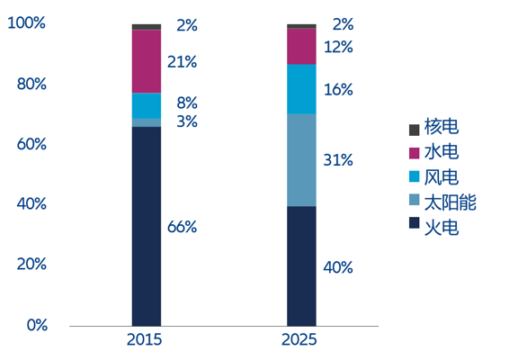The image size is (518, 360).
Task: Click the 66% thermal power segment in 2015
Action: coord(147,227)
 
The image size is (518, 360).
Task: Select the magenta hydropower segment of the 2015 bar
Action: coord(147,61)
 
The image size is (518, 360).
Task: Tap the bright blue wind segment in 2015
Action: coord(147,106)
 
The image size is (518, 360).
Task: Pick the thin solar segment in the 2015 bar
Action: coord(147,122)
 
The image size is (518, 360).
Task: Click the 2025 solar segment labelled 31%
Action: coord(301,160)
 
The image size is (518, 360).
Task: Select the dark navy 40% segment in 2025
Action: coord(301,266)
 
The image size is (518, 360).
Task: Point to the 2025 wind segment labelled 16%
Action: coord(301,89)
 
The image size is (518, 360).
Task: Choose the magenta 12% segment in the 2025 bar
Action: coord(301,47)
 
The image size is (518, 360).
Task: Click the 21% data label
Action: coord(182,62)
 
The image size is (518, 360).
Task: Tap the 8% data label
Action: coord(187,103)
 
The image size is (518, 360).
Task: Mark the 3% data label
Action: coord(187,121)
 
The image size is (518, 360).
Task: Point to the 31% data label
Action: coord(338,160)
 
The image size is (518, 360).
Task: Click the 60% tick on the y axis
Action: coord(31,144)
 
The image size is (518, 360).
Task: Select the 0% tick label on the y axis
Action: coord(37,325)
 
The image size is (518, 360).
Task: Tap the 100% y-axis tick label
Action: coord(26,23)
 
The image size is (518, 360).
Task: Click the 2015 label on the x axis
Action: coord(145,340)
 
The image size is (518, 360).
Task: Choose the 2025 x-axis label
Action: coord(299,340)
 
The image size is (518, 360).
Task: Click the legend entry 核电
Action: coord(433,127)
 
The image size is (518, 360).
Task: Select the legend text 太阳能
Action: coord(450,202)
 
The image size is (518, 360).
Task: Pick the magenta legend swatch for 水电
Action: coord(415,153)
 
